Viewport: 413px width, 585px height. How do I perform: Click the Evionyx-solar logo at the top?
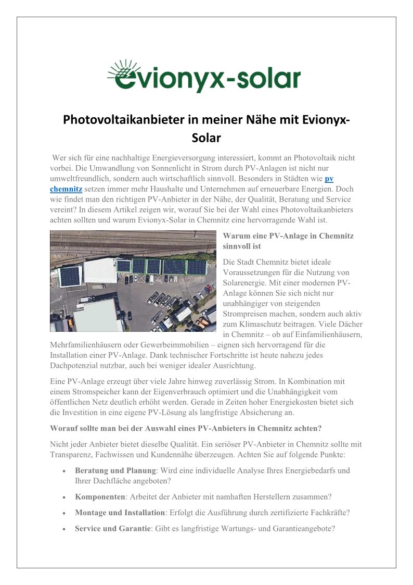(204, 77)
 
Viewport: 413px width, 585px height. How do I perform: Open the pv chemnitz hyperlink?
(329, 179)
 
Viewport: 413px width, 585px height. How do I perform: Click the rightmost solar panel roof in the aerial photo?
(197, 267)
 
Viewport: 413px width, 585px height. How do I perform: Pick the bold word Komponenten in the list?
(100, 496)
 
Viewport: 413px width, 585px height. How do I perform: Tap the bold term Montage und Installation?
(120, 513)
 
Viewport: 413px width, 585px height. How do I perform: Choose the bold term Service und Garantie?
(113, 528)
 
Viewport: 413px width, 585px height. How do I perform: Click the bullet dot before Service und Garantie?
(63, 529)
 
